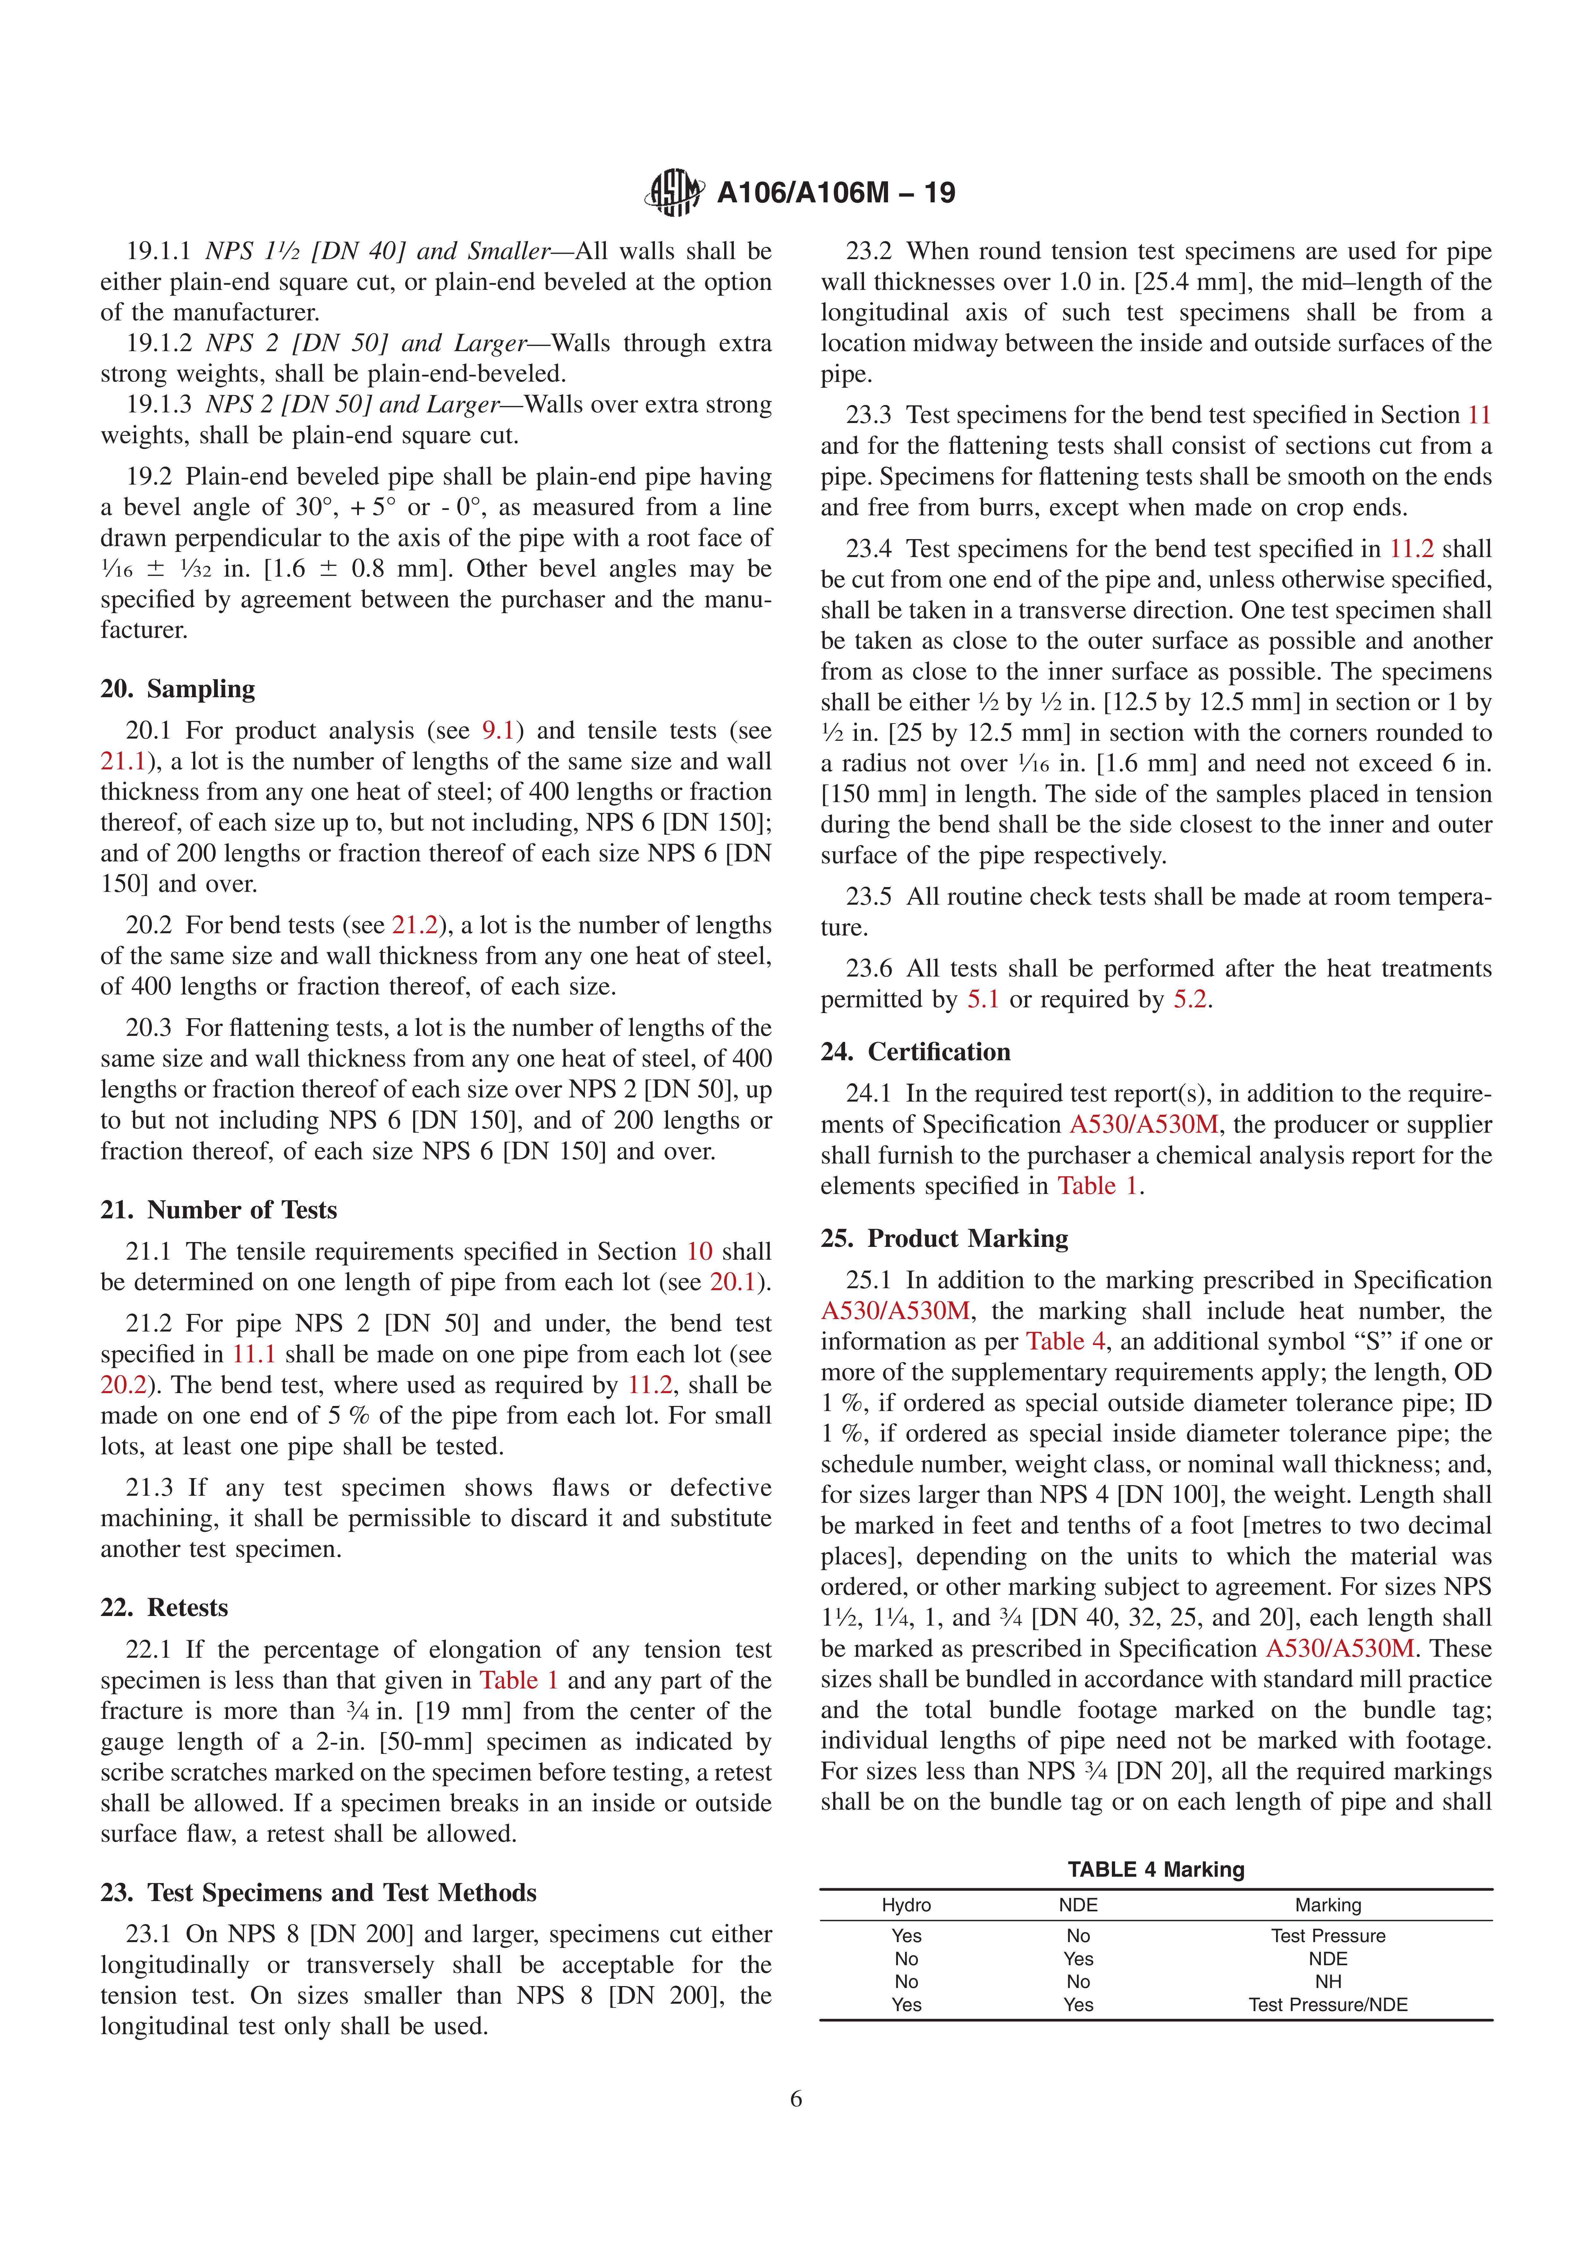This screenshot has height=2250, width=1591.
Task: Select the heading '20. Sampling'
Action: click(x=177, y=689)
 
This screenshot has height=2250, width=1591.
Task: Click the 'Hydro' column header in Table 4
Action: click(x=906, y=1905)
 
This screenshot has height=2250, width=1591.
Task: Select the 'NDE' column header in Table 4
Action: click(x=1078, y=1905)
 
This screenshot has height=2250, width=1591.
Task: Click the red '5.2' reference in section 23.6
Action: click(x=1190, y=1000)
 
